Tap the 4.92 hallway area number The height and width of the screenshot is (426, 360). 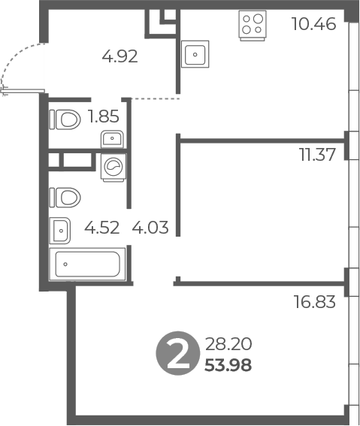pos(119,56)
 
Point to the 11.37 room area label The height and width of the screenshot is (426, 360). pos(316,156)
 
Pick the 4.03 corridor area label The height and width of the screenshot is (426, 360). pos(150,226)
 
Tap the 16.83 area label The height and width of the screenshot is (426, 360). pos(313,303)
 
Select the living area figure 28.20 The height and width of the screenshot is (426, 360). pos(228,346)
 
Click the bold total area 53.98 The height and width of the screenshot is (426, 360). pos(228,366)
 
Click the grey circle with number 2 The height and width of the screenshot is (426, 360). pos(177,355)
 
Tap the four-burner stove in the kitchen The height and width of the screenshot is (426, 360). pos(253,26)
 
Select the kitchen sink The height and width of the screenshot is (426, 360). pos(194,55)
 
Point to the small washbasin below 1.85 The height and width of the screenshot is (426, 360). pos(112,139)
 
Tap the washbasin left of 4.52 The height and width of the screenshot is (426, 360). pos(59,229)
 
